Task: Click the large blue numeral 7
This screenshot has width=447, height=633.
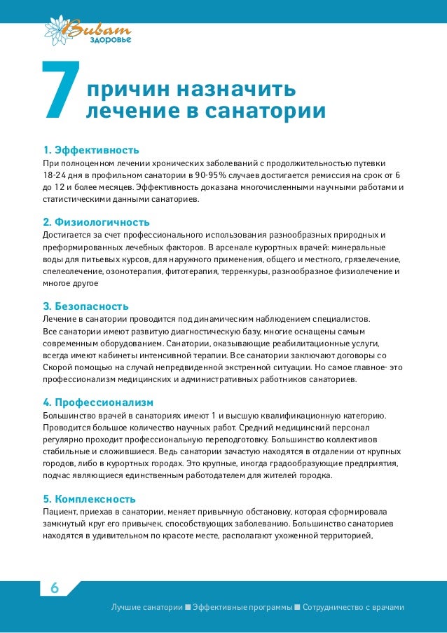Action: click(61, 90)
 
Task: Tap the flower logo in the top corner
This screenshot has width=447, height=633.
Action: click(59, 29)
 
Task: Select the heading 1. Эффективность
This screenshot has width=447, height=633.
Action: click(91, 150)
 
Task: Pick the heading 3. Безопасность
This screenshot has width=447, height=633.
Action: click(86, 306)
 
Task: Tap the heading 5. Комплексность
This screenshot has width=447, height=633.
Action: click(89, 499)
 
